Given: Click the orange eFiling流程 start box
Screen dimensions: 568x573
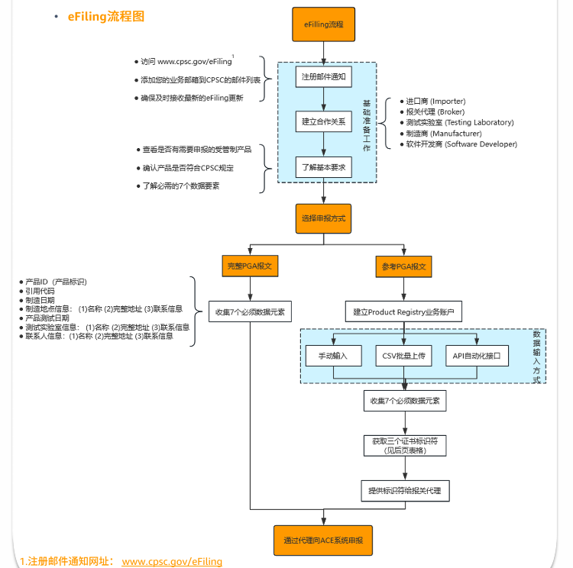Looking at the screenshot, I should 324,24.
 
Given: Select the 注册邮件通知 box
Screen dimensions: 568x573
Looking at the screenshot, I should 324,77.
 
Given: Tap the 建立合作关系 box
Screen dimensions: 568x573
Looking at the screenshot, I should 324,121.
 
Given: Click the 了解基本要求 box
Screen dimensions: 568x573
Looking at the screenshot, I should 324,167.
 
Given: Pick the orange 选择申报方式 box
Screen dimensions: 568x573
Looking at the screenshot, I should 324,218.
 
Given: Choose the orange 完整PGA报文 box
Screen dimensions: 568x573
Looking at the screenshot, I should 250,267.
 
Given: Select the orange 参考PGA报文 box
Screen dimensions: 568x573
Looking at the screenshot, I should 403,267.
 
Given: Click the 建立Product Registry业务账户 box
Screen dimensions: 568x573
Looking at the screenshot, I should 403,311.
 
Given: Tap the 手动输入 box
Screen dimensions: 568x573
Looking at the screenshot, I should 328,356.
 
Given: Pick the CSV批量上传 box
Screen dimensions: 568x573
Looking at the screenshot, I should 403,356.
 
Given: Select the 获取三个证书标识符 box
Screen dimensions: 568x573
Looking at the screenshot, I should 404,445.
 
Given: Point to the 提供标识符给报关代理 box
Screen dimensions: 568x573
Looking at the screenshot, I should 404,490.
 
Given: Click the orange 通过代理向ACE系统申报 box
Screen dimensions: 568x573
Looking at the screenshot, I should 323,540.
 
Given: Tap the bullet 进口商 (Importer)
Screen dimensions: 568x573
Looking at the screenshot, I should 435,101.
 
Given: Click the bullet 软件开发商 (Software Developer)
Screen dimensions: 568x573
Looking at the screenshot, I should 461,144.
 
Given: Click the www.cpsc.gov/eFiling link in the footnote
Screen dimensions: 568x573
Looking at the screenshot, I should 172,561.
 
